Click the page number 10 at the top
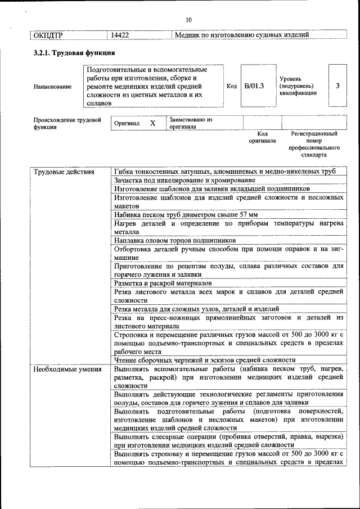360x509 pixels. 188,20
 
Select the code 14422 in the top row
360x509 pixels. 120,35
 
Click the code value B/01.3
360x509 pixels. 254,86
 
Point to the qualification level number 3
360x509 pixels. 337,86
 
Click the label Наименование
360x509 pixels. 53,87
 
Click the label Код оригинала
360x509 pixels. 262,137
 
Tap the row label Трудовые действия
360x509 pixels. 64,172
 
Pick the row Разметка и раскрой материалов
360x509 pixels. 163,283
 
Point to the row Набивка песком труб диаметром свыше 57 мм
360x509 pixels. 186,214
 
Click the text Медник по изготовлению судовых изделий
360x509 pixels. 242,35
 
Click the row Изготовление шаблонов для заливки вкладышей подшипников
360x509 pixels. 211,188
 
